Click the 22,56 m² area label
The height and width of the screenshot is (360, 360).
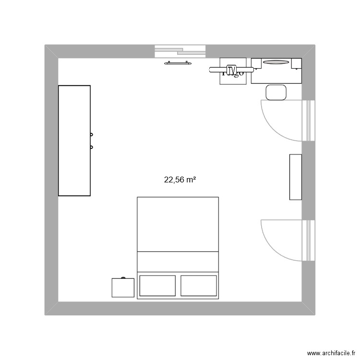pos(180,180)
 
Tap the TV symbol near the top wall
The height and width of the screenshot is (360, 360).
pos(232,71)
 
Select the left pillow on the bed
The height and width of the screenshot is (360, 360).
pos(157,285)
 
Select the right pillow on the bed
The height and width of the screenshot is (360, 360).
pos(199,285)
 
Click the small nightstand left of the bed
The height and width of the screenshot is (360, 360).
pos(123,288)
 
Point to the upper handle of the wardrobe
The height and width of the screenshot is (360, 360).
pos(91,135)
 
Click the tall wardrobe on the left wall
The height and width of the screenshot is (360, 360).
pos(74,141)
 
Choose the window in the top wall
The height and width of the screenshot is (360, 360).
pos(180,51)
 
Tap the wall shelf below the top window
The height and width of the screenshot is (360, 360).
pos(178,62)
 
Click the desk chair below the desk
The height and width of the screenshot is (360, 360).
pos(276,92)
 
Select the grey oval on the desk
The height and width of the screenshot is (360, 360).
pos(276,62)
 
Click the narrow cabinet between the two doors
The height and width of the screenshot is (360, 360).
pos(295,177)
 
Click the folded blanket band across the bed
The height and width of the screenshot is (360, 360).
pos(178,261)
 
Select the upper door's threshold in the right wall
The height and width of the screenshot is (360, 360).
pos(308,120)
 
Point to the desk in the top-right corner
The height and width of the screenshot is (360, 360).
pos(276,71)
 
